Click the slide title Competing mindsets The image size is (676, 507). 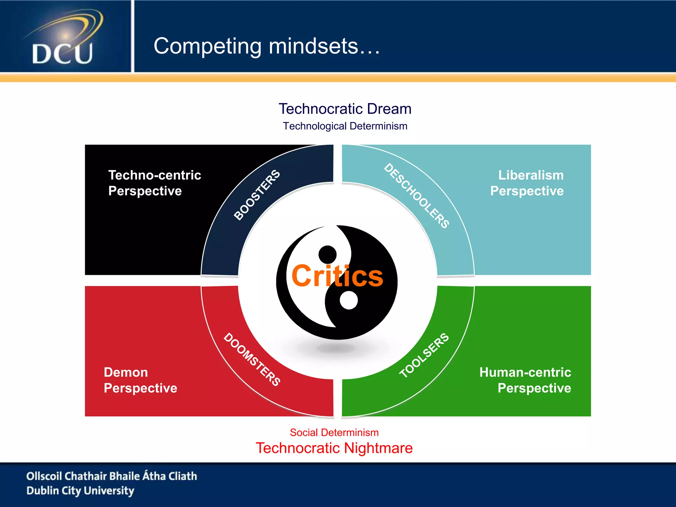point(267,46)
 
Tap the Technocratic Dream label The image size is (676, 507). point(345,109)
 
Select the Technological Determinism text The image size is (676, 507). point(345,126)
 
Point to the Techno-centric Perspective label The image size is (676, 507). point(154,183)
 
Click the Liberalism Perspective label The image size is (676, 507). point(527,183)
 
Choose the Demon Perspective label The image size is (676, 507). point(140,380)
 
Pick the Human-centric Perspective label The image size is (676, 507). point(525,380)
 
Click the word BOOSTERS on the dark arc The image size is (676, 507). point(257,195)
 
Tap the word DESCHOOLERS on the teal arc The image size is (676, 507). point(417,196)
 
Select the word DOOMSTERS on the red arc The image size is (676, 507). point(252,359)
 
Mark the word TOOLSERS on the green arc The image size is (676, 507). point(424,355)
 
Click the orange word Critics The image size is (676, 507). point(337,276)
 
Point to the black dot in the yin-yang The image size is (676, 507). point(327,254)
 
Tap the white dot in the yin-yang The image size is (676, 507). point(349,300)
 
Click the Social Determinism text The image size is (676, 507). point(334,432)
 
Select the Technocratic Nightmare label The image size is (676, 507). point(334,448)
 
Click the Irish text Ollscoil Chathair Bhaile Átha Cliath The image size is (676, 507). point(112,476)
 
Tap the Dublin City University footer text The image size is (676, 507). point(80,491)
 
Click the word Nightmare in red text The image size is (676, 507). point(378,448)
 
